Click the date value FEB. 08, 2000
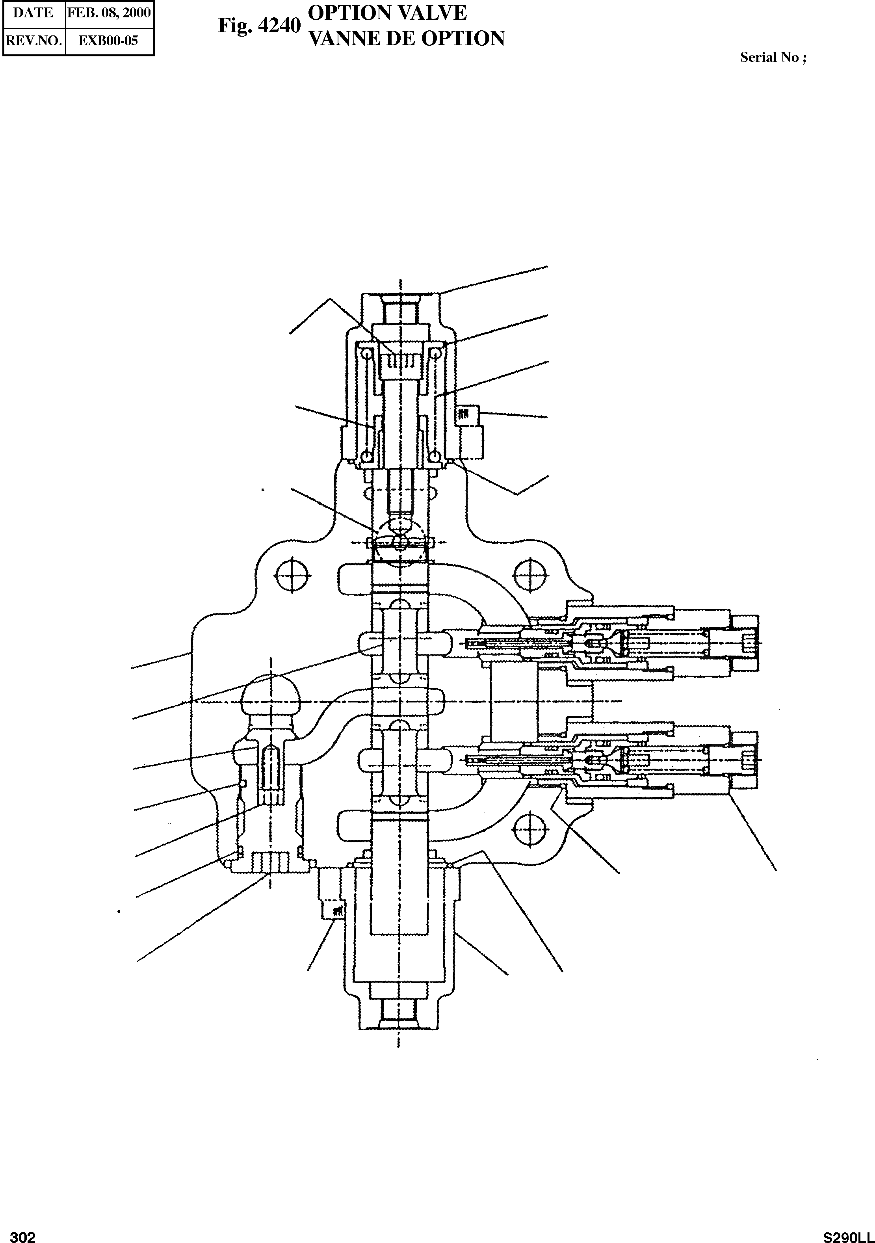[x=109, y=13]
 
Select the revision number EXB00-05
[x=109, y=41]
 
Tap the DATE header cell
[x=33, y=13]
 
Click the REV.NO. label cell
[x=33, y=41]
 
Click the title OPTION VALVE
[x=386, y=13]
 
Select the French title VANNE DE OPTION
[x=405, y=39]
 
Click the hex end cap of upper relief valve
[x=745, y=643]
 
